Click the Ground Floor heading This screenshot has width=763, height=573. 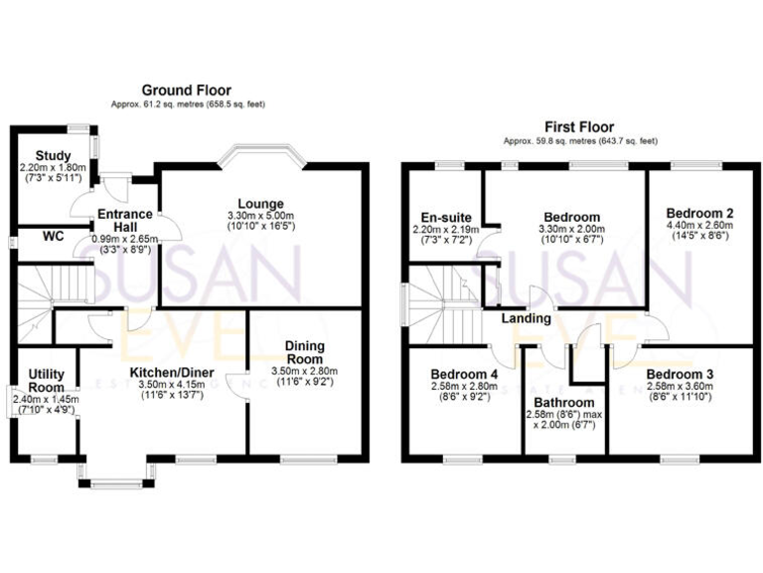click(188, 91)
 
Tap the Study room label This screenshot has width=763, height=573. click(53, 155)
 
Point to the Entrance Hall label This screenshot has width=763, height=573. click(124, 220)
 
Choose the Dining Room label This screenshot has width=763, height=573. click(307, 351)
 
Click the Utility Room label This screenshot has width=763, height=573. click(46, 380)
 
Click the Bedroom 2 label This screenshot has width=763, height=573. click(699, 213)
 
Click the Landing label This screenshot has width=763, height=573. click(526, 319)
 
